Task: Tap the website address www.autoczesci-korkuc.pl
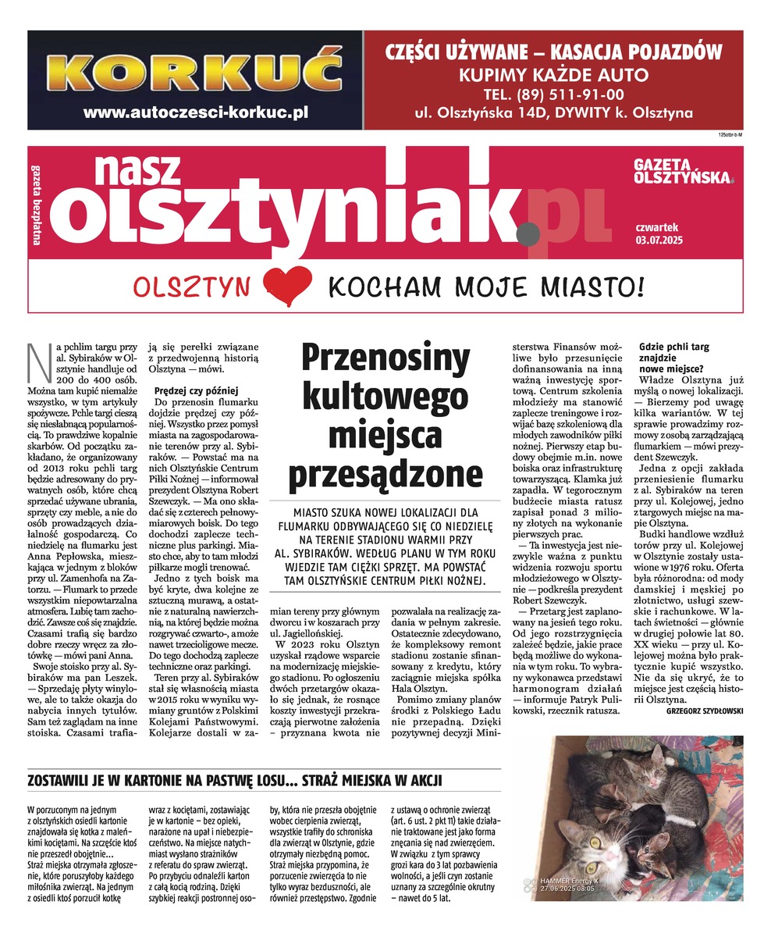(195, 112)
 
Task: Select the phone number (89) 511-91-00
(554, 94)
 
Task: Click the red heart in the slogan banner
(287, 284)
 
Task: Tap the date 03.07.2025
(659, 240)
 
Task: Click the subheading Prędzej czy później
(195, 390)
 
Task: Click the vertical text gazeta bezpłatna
(37, 204)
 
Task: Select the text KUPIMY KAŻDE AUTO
(554, 75)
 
